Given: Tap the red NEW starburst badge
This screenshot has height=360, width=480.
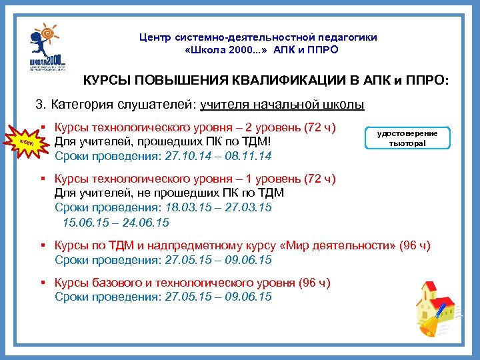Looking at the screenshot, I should (x=27, y=143).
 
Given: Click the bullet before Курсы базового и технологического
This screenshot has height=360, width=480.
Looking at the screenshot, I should (x=42, y=283).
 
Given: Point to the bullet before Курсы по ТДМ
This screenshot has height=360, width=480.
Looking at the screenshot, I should (x=42, y=245).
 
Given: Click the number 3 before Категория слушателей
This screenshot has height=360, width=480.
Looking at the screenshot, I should (x=39, y=105).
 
